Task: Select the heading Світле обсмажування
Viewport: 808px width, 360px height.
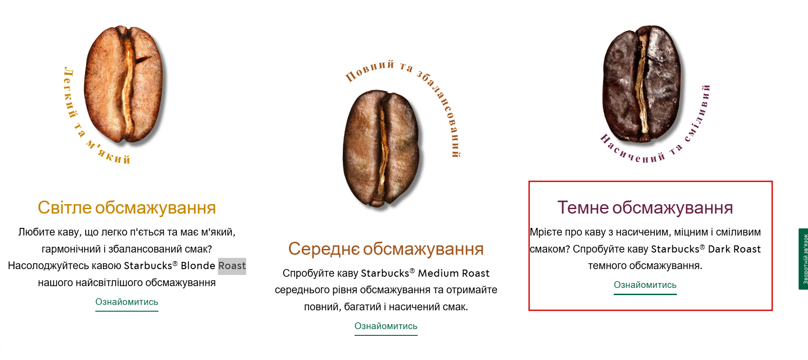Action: [x=127, y=208]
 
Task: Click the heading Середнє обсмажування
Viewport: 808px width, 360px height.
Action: [x=386, y=249]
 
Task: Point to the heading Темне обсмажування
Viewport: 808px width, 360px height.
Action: [x=645, y=208]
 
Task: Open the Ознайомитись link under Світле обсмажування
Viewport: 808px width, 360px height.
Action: [x=127, y=302]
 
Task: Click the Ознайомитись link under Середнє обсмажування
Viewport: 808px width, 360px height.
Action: [x=386, y=326]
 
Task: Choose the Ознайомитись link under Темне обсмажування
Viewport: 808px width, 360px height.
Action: [x=645, y=285]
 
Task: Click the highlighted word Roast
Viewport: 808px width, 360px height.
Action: [x=232, y=266]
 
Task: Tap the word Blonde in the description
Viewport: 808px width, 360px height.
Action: [x=198, y=266]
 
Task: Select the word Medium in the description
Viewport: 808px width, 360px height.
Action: [x=438, y=273]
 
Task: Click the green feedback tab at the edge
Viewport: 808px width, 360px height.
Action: [x=804, y=259]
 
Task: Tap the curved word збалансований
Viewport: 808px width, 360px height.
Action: [x=443, y=111]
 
